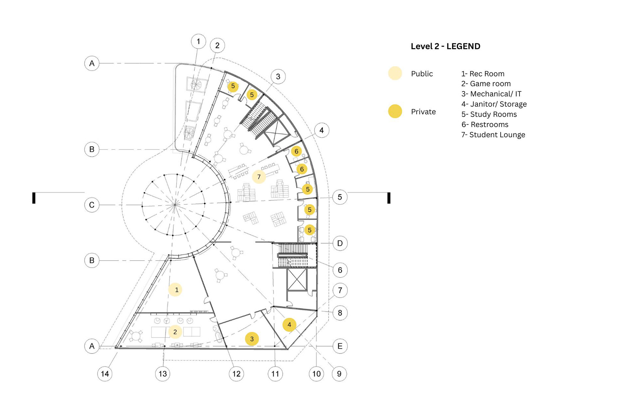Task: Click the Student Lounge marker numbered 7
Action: pyautogui.click(x=259, y=177)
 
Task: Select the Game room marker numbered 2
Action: pyautogui.click(x=175, y=332)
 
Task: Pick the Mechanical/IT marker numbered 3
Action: pyautogui.click(x=252, y=339)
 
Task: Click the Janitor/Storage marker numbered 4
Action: pyautogui.click(x=289, y=325)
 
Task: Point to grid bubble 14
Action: pyautogui.click(x=105, y=374)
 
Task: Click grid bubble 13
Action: pyautogui.click(x=163, y=374)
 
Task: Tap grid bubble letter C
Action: pyautogui.click(x=92, y=205)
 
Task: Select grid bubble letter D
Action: pyautogui.click(x=340, y=243)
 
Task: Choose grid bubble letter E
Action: pyautogui.click(x=340, y=346)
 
